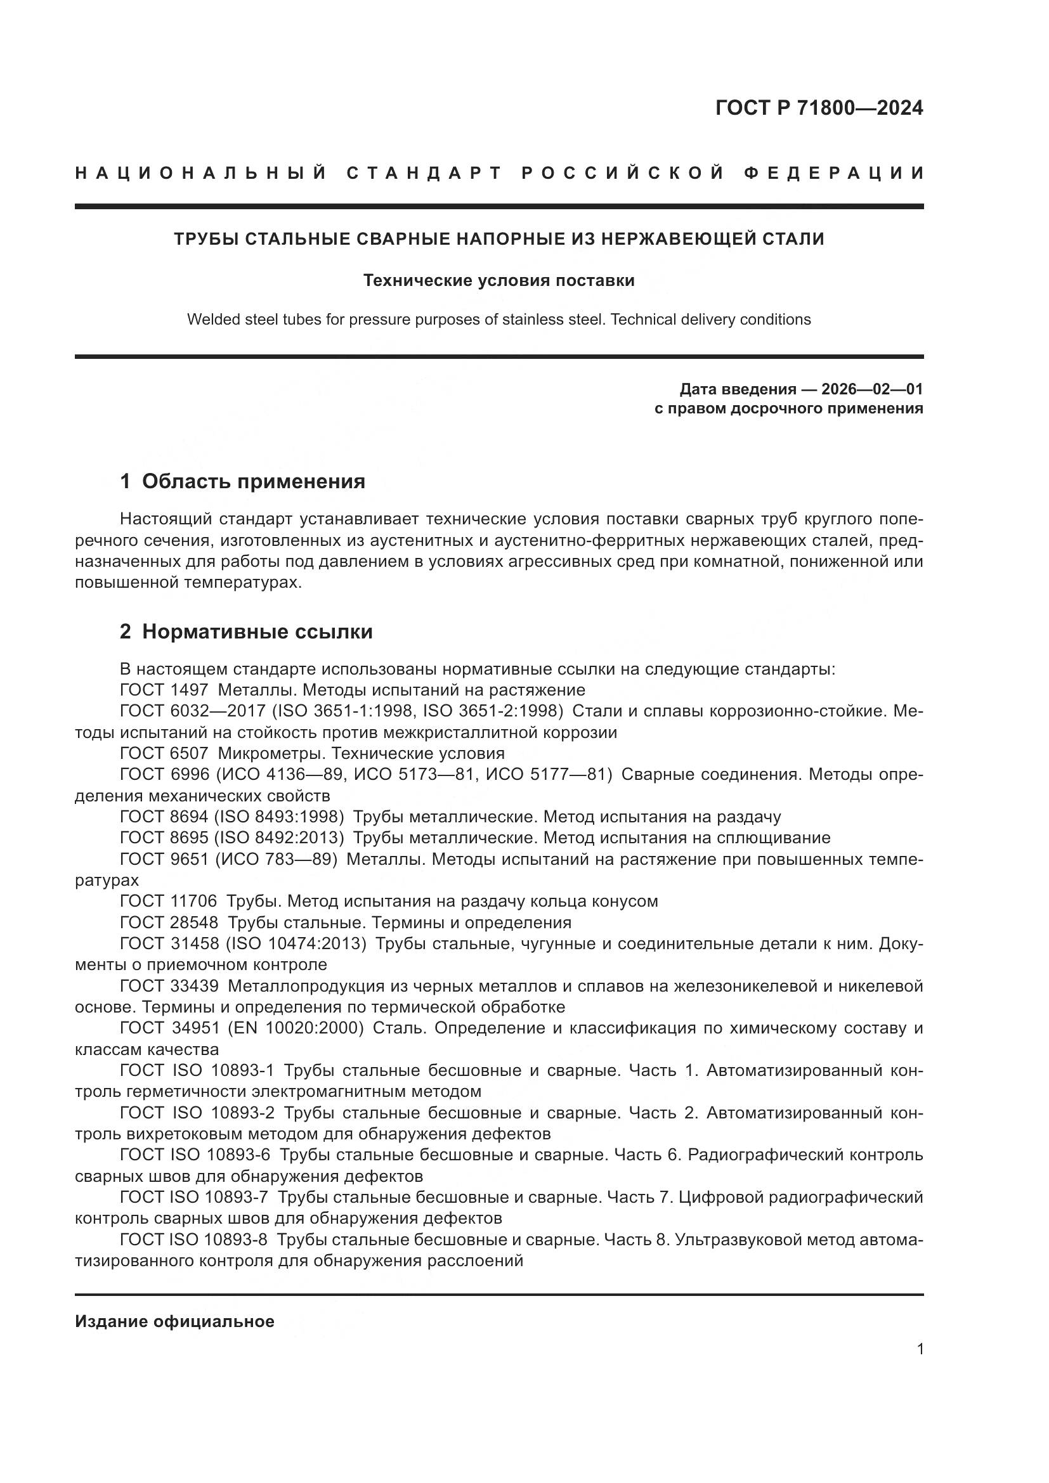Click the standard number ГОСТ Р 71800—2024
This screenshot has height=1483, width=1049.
(x=818, y=108)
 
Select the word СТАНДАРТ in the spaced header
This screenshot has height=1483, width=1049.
(x=424, y=173)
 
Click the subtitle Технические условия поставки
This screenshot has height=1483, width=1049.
(x=498, y=280)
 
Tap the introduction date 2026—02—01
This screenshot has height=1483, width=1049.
(x=871, y=389)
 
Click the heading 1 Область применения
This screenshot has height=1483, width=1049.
(x=242, y=481)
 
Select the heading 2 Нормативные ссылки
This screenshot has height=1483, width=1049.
(x=246, y=631)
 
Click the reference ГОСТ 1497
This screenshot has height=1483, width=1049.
(x=164, y=690)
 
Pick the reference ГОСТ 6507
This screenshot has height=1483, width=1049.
(x=164, y=753)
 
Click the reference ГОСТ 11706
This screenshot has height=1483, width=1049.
(x=169, y=901)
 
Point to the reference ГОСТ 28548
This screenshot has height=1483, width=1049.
(x=169, y=922)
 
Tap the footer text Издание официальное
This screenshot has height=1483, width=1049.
(x=174, y=1321)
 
